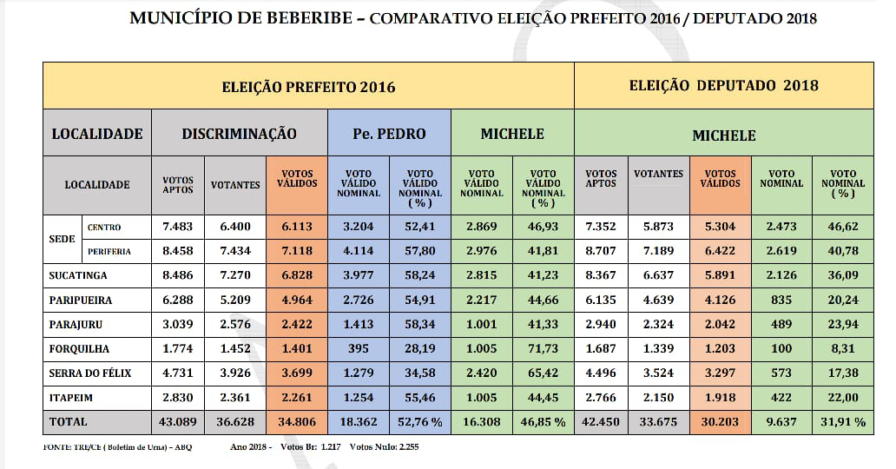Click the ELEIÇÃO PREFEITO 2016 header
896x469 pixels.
(x=308, y=87)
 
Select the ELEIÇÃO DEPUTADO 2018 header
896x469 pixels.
(x=723, y=86)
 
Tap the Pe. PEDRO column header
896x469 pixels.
(x=389, y=134)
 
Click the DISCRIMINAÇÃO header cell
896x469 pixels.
(x=239, y=134)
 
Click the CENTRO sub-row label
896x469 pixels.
(x=104, y=228)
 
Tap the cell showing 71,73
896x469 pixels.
(x=543, y=348)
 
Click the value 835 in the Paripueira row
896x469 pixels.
(x=781, y=301)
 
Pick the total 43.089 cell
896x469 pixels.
(x=178, y=421)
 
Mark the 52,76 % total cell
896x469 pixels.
(x=420, y=422)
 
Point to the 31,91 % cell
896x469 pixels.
(x=843, y=422)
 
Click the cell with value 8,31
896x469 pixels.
(x=842, y=348)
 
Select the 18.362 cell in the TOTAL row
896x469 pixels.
(x=359, y=422)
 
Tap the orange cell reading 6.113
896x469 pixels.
(x=296, y=227)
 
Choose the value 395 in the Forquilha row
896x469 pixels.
(x=359, y=348)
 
